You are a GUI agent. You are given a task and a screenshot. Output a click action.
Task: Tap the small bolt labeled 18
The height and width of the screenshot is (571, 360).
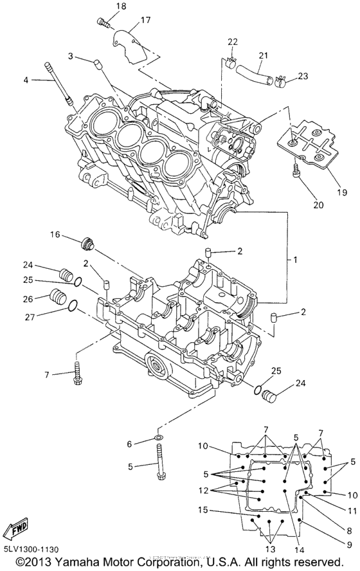point(104,23)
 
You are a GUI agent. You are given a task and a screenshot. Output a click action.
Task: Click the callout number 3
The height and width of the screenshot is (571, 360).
point(71,56)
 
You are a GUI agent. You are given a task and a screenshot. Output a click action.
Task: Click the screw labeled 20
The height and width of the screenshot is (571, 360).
point(298,171)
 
